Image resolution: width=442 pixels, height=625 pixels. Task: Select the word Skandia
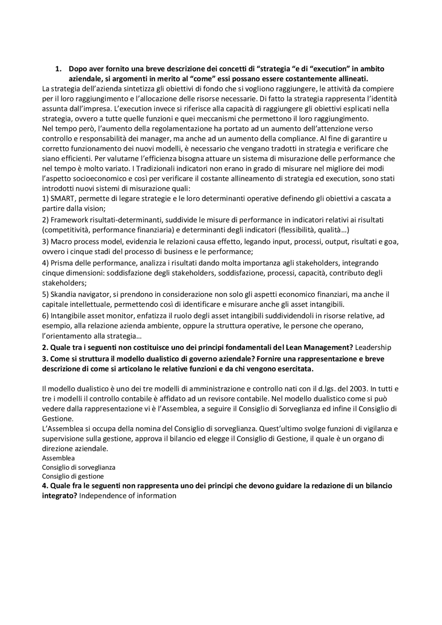(64, 294)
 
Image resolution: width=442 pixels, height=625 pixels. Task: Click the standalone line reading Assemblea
(58, 458)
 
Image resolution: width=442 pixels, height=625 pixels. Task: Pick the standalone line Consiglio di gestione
(73, 476)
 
